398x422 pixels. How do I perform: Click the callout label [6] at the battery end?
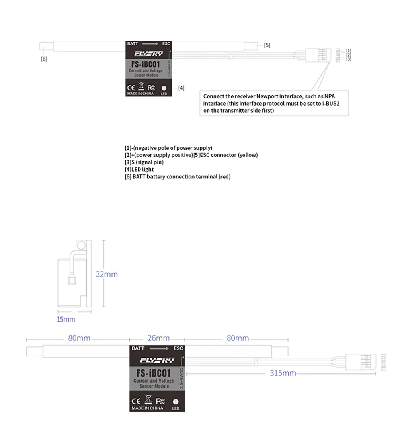(44, 59)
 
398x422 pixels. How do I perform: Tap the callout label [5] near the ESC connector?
(267, 45)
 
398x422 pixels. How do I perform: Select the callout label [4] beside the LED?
(181, 88)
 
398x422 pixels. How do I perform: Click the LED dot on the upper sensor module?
(164, 88)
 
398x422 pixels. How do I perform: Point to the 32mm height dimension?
(107, 274)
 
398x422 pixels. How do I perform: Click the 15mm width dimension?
(66, 319)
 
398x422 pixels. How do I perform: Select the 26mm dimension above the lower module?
(158, 338)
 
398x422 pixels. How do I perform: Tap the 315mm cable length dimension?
(283, 373)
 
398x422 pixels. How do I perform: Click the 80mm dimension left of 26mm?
(79, 338)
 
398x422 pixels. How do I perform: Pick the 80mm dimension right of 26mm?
(238, 338)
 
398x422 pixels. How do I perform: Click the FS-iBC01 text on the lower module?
(153, 373)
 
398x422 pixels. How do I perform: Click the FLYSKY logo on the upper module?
(148, 54)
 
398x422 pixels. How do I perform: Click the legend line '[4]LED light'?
(139, 169)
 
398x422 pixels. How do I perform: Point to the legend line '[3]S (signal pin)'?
(144, 162)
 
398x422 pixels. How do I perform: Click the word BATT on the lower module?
(138, 348)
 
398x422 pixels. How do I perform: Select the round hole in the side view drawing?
(82, 246)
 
